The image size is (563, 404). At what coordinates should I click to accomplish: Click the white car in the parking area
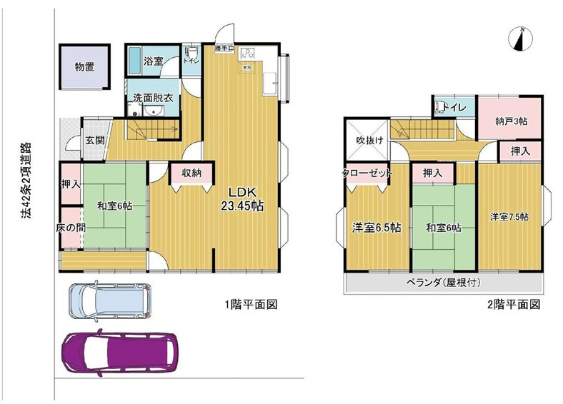(109, 299)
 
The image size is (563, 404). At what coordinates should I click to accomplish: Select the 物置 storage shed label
(84, 67)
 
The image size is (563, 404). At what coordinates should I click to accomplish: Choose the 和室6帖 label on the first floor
(114, 206)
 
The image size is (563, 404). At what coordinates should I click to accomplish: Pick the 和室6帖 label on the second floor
(444, 228)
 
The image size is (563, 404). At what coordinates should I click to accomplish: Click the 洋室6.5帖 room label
(376, 228)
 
